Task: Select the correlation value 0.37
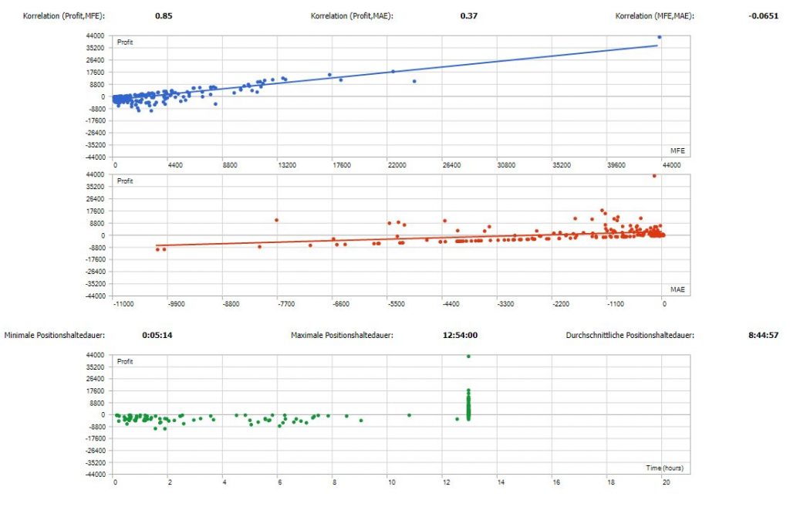pyautogui.click(x=469, y=15)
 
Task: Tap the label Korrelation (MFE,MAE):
pyautogui.click(x=654, y=15)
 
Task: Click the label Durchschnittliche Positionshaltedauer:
pyautogui.click(x=630, y=336)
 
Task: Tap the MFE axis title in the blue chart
pyautogui.click(x=678, y=150)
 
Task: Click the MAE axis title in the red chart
pyautogui.click(x=678, y=289)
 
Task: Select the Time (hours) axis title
pyautogui.click(x=664, y=468)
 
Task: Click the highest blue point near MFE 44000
pyautogui.click(x=660, y=37)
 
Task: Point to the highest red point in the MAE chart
pyautogui.click(x=654, y=176)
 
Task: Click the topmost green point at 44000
pyautogui.click(x=468, y=356)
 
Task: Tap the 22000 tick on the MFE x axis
pyautogui.click(x=396, y=165)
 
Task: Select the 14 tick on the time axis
pyautogui.click(x=500, y=482)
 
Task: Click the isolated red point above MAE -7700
pyautogui.click(x=276, y=220)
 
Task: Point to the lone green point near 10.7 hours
pyautogui.click(x=409, y=415)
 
